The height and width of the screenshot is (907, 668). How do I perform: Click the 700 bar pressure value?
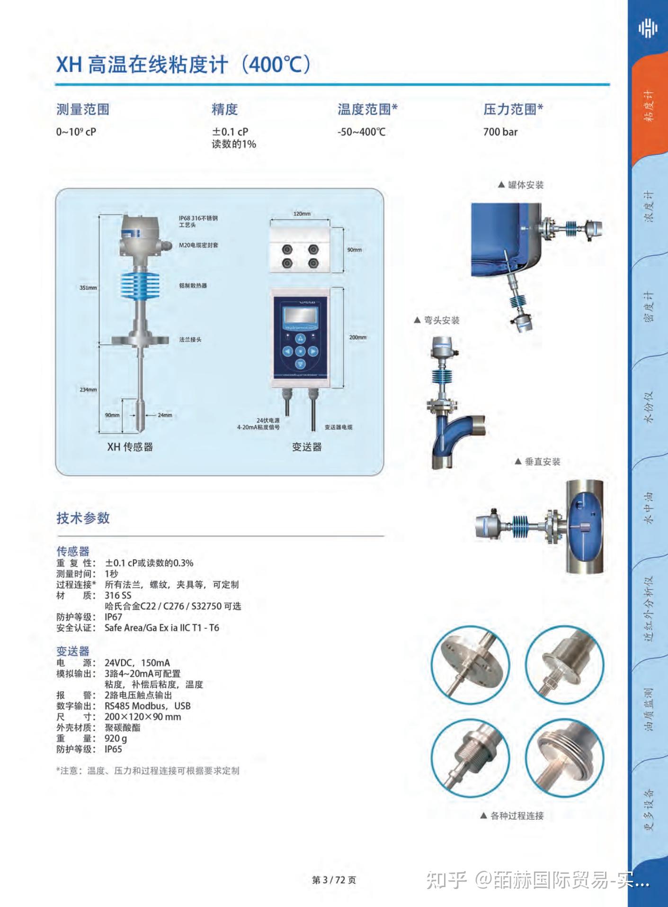[x=500, y=132]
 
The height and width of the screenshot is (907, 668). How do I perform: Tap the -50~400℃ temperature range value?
[x=361, y=132]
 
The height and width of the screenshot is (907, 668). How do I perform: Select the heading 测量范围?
[x=83, y=109]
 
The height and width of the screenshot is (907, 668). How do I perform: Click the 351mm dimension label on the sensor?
[x=88, y=288]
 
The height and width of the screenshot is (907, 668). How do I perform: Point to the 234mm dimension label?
[x=88, y=390]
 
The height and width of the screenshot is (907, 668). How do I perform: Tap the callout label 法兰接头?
[x=190, y=340]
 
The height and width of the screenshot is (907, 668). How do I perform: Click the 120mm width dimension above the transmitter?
[x=302, y=214]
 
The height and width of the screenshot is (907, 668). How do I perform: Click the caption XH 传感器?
[x=130, y=447]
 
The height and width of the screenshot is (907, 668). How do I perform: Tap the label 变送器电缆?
[x=338, y=427]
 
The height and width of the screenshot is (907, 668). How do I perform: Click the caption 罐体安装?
[x=525, y=185]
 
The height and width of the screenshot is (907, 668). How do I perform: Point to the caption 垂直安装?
[x=542, y=462]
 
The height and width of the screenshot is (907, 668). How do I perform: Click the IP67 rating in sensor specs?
[x=113, y=617]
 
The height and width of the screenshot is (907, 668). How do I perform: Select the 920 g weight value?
[x=116, y=738]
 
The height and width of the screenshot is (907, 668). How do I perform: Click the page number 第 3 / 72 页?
[x=334, y=880]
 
